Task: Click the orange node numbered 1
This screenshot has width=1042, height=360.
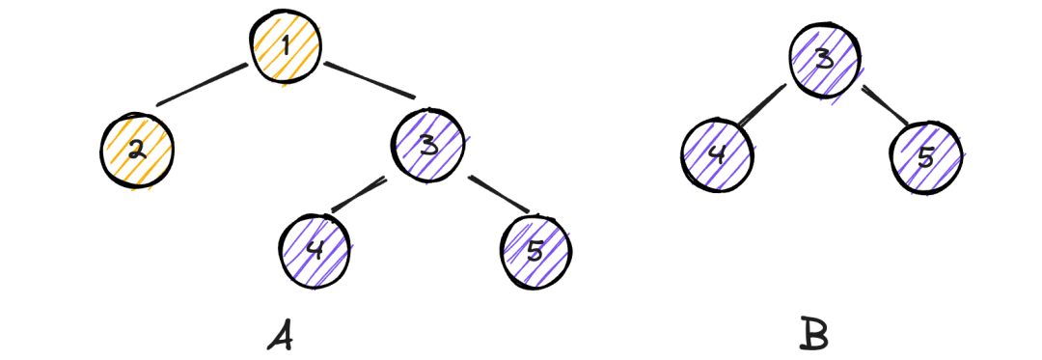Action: (282, 46)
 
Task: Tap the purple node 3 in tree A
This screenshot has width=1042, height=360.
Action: (429, 146)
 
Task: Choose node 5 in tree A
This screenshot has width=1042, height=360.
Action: (536, 250)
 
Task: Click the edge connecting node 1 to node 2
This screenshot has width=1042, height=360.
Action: (201, 85)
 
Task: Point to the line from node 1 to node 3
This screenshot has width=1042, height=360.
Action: (370, 80)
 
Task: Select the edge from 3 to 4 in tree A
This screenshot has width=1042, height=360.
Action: (358, 195)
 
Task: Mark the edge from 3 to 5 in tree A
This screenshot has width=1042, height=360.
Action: (499, 194)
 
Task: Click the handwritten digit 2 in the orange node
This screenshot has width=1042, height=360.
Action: (137, 151)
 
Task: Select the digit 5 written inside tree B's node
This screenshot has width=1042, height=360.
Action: (926, 157)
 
